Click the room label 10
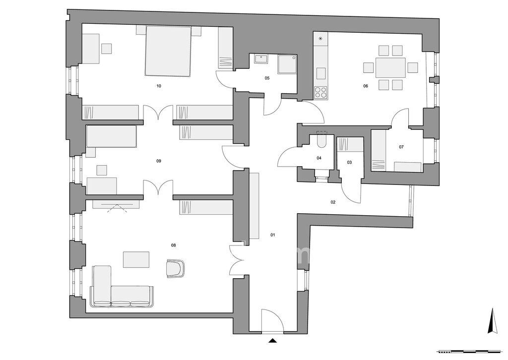[159, 86]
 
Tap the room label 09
[159, 161]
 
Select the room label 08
[173, 245]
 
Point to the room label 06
[366, 86]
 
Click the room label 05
[267, 78]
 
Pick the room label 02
[333, 202]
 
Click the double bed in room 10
[168, 51]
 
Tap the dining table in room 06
[390, 67]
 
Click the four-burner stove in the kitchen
[321, 93]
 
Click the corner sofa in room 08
[121, 286]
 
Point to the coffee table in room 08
[136, 260]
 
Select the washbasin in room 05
[261, 59]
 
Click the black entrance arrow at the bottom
[272, 340]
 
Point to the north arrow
[493, 321]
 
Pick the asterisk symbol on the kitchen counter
[321, 39]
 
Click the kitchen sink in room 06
[321, 73]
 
